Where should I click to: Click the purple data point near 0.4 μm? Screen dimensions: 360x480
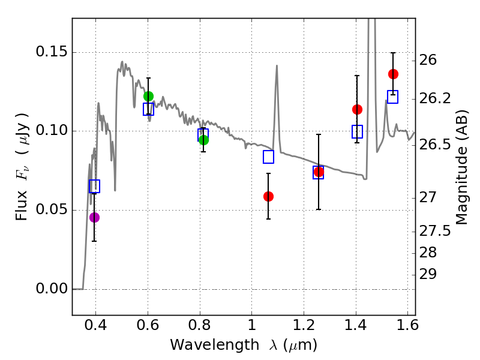pyautogui.click(x=94, y=217)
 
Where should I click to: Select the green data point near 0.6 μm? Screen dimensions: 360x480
pyautogui.click(x=148, y=96)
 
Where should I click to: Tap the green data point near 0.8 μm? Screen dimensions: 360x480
pyautogui.click(x=203, y=140)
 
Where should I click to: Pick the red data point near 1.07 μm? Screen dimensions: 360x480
pyautogui.click(x=268, y=196)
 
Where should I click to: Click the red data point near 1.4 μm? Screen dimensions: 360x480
pyautogui.click(x=357, y=109)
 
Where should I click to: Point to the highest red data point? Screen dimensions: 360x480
pyautogui.click(x=393, y=74)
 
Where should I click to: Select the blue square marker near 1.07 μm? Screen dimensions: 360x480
pyautogui.click(x=268, y=157)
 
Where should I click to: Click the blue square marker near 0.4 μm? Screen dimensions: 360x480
pyautogui.click(x=94, y=186)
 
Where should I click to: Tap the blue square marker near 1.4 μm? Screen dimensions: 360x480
pyautogui.click(x=357, y=131)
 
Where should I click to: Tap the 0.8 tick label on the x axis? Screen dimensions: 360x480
pyautogui.click(x=199, y=327)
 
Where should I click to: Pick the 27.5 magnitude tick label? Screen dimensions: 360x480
pyautogui.click(x=436, y=231)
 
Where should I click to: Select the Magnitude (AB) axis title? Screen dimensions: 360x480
pyautogui.click(x=462, y=167)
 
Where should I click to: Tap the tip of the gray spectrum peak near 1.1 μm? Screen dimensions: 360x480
pyautogui.click(x=277, y=65)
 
